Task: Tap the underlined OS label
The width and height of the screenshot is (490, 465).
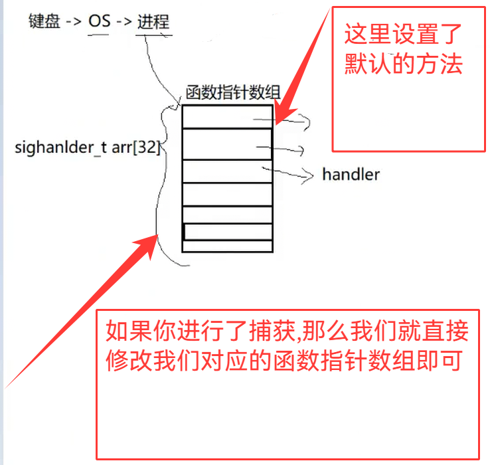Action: tap(100, 21)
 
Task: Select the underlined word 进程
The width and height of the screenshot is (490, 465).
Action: tap(153, 21)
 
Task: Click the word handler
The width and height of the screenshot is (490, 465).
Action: tap(351, 175)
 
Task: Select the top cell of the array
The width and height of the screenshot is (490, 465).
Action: tap(226, 116)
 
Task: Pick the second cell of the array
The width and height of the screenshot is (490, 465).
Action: tap(226, 143)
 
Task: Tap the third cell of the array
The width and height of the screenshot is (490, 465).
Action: tap(226, 171)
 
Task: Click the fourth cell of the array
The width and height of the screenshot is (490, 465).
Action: tap(226, 194)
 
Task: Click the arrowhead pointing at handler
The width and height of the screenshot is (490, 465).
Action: tap(309, 176)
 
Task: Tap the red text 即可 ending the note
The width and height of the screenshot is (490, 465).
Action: tap(444, 361)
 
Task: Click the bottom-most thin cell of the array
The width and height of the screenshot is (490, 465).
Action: tap(226, 246)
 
